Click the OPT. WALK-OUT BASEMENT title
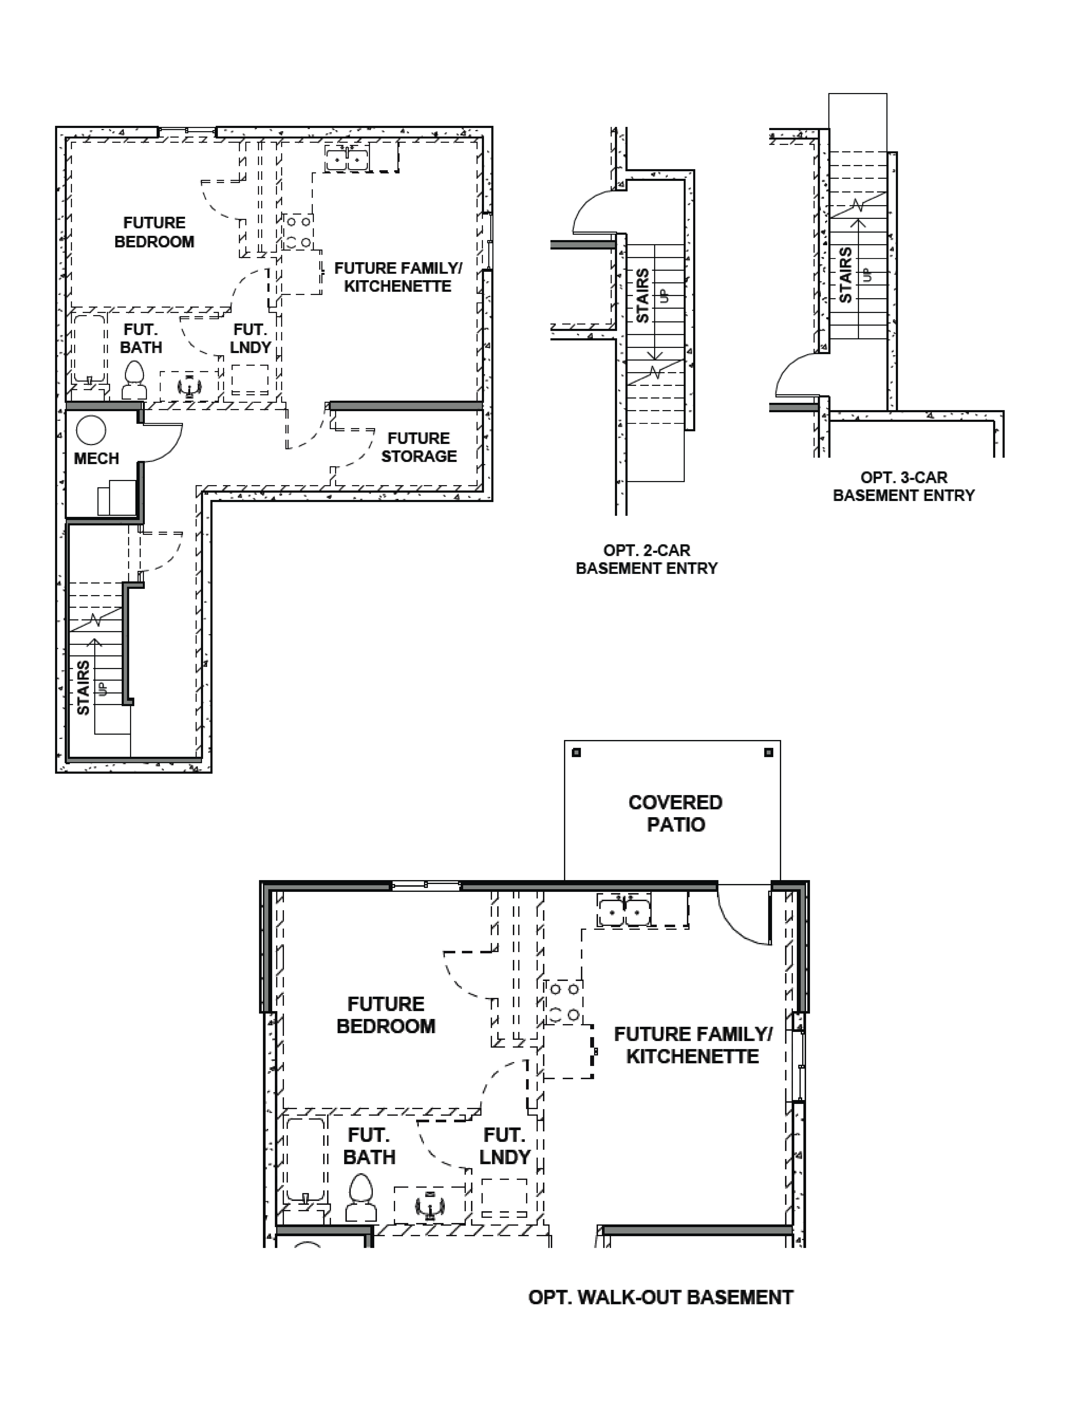[661, 1297]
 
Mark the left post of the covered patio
[576, 752]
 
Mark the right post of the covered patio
[768, 752]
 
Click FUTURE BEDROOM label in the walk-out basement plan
[386, 1015]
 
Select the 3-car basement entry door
[796, 377]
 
